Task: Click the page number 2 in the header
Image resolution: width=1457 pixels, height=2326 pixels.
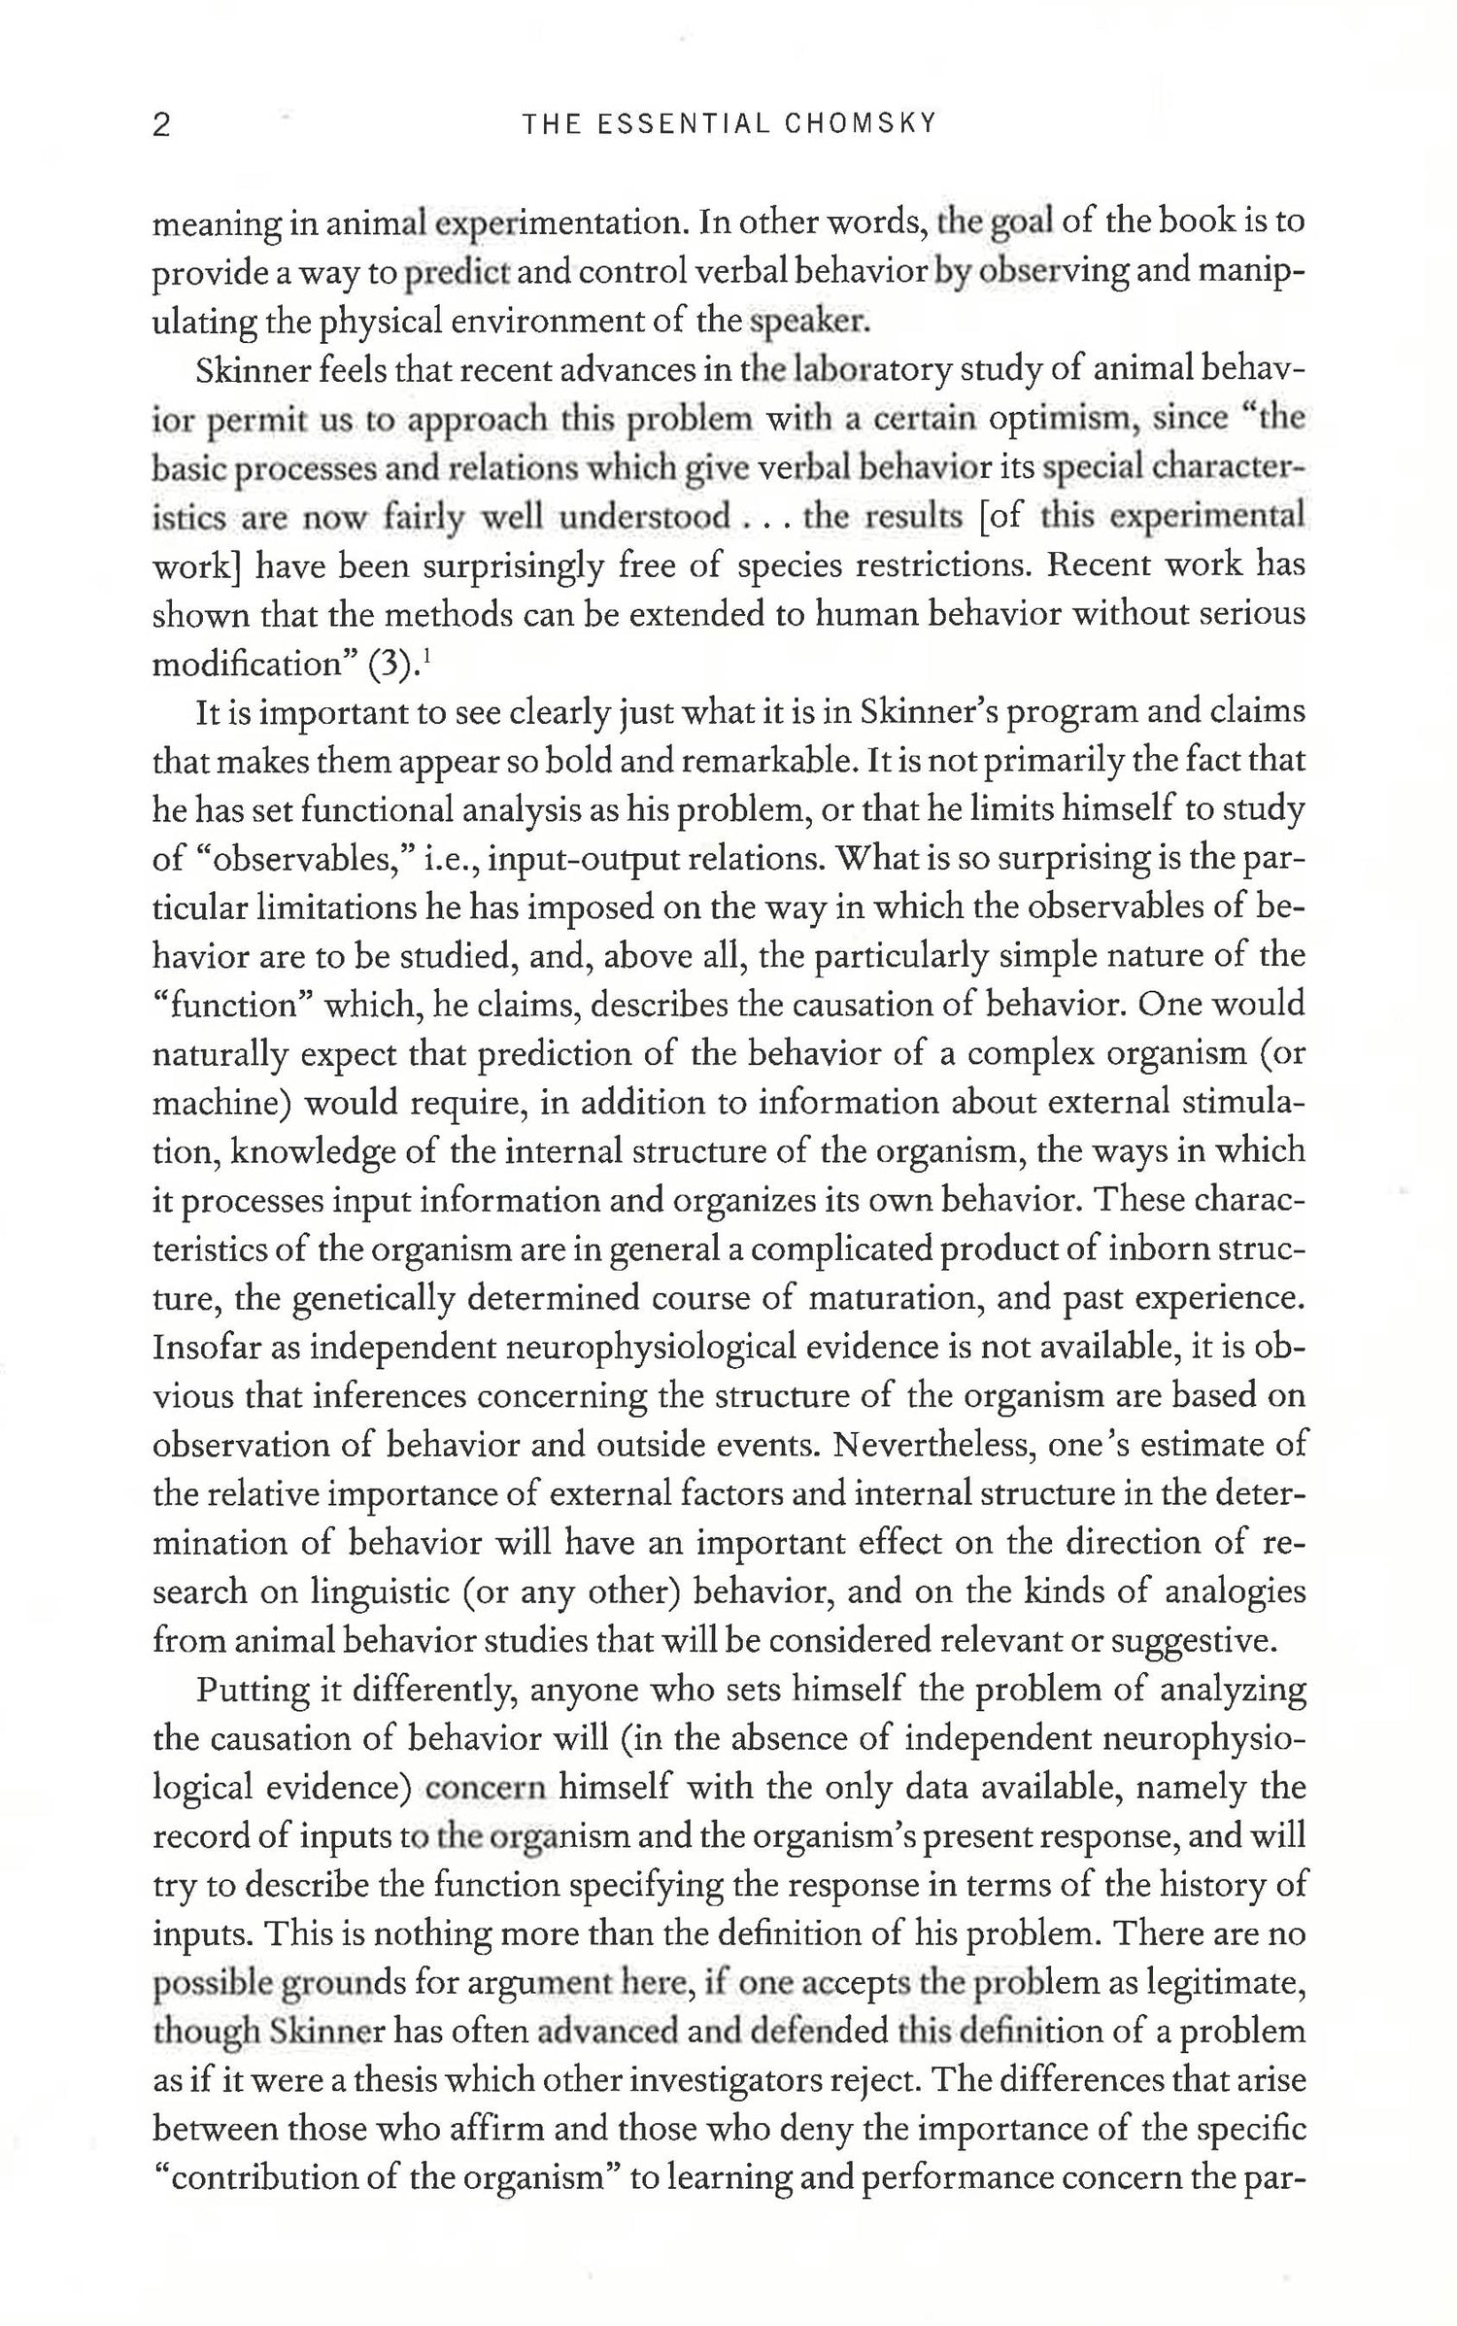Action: pyautogui.click(x=162, y=126)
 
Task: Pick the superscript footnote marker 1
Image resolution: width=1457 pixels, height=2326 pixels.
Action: pyautogui.click(x=427, y=657)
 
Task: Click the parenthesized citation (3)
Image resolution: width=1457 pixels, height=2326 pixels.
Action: pyautogui.click(x=392, y=666)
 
